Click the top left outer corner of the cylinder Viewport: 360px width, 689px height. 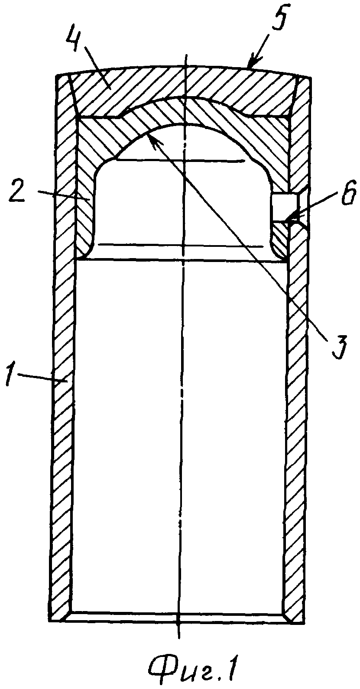tap(56, 76)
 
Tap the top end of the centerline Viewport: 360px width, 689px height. tap(186, 54)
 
